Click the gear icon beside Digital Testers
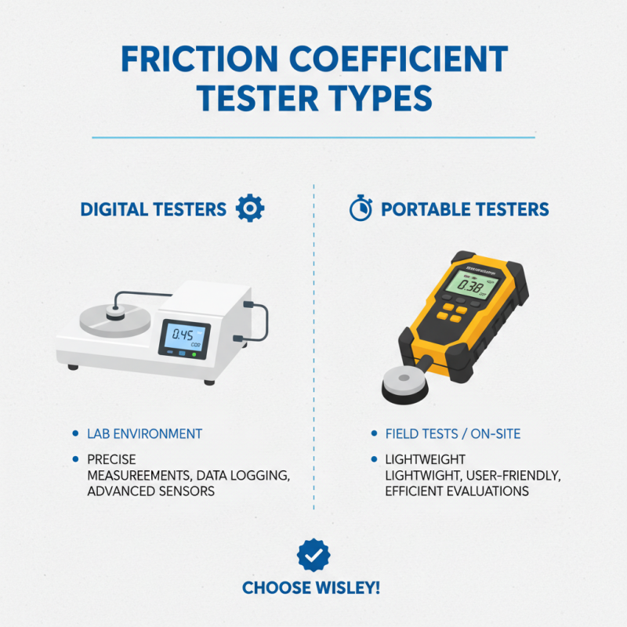250,208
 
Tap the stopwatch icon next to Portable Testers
360,208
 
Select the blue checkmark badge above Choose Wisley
313,555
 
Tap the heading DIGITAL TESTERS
153,209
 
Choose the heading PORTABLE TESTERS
465,209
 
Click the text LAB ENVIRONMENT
147,433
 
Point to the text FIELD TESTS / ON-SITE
452,433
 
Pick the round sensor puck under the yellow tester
407,386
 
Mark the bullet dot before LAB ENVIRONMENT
74,433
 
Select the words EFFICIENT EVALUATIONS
456,491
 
